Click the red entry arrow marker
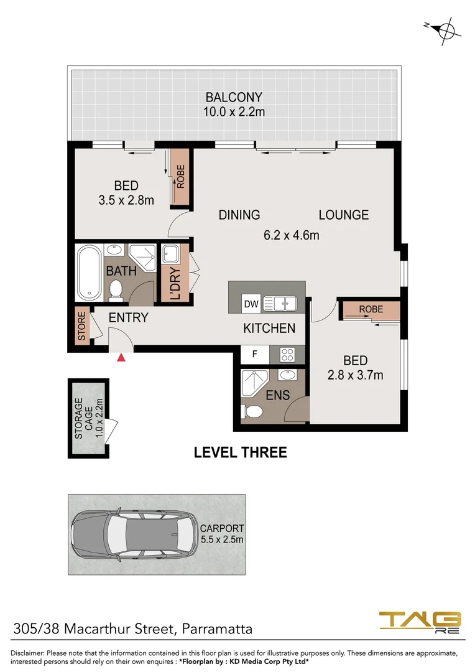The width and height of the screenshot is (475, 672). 122,357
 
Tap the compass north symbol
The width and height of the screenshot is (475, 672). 443,28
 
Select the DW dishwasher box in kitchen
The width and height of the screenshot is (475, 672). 251,304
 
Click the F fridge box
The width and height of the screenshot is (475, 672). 254,354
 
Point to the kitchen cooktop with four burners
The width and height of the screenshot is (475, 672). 288,355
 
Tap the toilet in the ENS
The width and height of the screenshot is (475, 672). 253,411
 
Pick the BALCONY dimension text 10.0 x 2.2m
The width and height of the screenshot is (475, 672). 234,112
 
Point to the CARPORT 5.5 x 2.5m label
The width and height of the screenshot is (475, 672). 221,534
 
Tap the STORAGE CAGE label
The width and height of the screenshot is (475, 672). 88,419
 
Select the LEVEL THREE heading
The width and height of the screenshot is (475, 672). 241,452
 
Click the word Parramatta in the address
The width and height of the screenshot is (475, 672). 216,629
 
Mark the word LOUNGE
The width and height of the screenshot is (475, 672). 343,215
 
